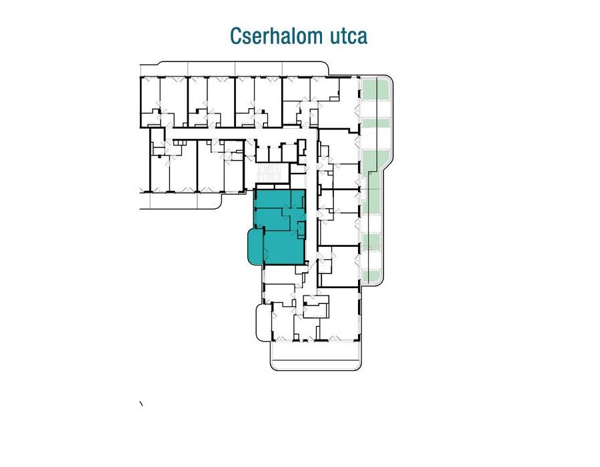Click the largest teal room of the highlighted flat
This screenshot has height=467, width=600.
283,248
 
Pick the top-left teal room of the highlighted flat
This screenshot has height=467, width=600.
273,199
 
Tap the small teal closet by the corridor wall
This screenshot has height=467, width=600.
301,229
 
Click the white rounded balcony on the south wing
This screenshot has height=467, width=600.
263,321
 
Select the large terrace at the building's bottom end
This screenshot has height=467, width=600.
316,355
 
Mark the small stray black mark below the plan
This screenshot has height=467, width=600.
141,403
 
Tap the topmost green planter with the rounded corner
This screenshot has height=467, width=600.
375,89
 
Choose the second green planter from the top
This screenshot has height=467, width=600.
375,123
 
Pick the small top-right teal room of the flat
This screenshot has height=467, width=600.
297,199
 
